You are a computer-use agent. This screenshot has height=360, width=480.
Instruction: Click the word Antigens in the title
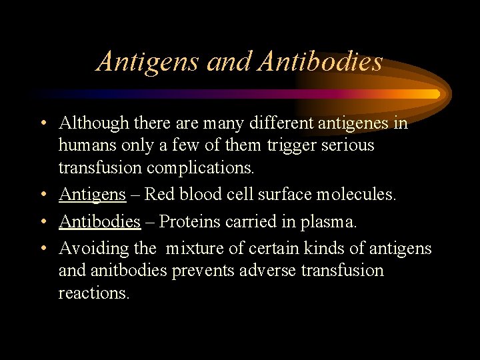(148, 62)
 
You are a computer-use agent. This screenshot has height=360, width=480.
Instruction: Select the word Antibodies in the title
(320, 62)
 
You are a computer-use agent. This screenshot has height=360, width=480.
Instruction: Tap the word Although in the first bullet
(93, 123)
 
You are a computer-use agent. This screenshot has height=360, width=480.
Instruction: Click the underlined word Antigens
(92, 195)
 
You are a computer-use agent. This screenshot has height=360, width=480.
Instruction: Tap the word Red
(158, 195)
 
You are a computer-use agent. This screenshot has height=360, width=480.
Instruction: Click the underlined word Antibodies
(99, 221)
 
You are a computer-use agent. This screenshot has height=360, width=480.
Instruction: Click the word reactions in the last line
(94, 293)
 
